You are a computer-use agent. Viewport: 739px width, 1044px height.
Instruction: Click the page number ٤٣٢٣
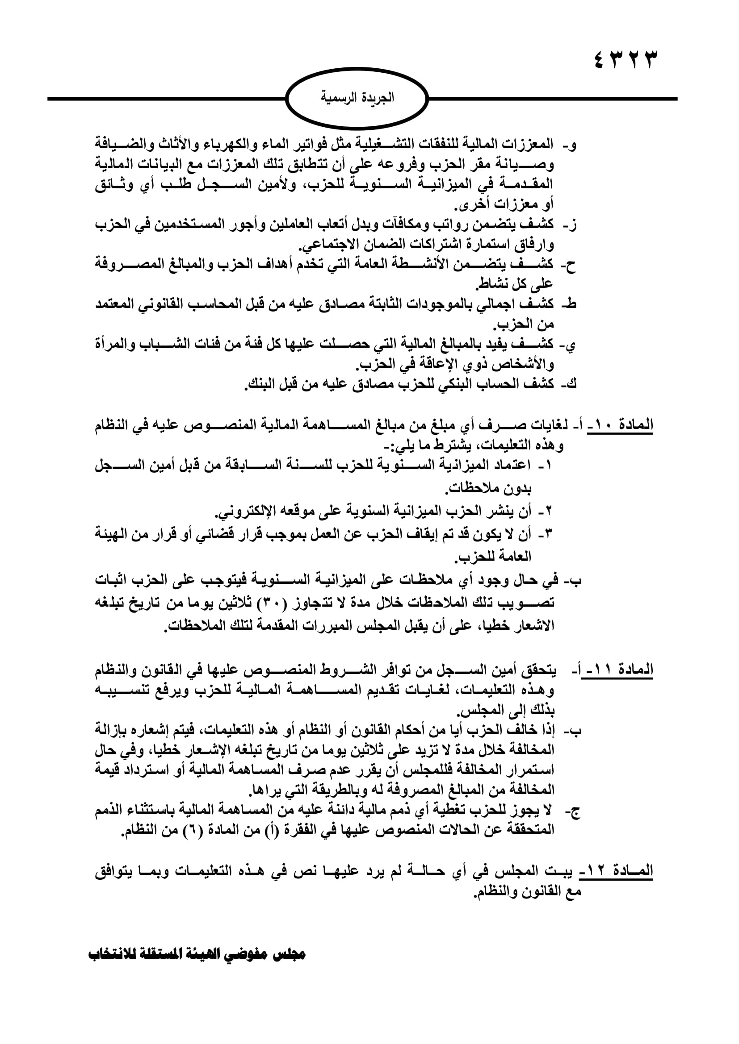pos(626,59)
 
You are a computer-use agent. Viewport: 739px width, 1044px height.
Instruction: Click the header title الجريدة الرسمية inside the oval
pos(357,98)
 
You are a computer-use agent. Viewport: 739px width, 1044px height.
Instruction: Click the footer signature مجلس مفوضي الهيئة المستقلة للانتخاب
pos(197,954)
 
